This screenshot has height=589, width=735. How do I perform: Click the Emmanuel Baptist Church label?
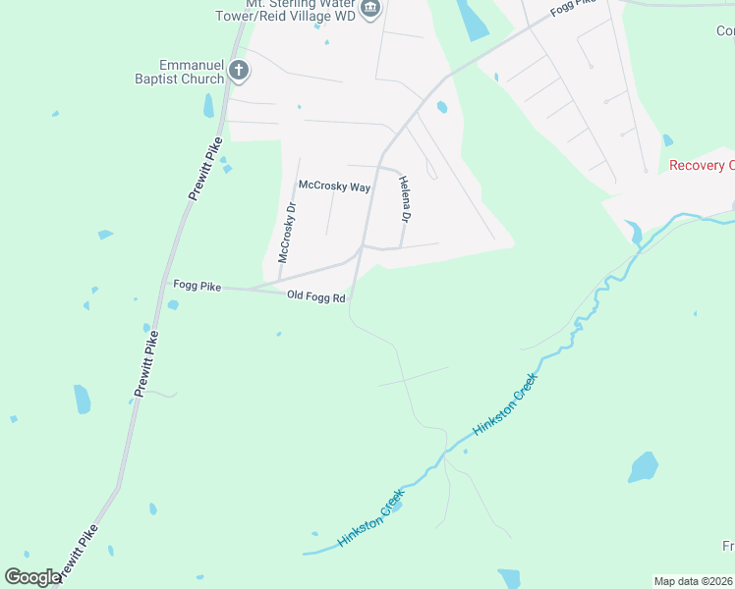coord(183,72)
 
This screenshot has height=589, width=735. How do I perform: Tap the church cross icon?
coord(238,71)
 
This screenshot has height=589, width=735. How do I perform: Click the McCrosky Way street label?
coord(334,186)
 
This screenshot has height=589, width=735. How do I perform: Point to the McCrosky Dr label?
coord(286,234)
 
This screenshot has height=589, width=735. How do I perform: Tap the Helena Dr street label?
coord(404,198)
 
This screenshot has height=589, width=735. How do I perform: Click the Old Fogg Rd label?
coord(315,295)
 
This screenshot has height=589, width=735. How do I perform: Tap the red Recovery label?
coord(701,165)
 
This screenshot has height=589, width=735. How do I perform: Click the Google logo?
coord(32,577)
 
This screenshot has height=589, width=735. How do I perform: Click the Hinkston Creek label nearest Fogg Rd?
coord(505,403)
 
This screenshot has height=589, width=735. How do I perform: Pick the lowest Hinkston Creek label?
coord(370,521)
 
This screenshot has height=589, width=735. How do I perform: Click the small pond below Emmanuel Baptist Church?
coord(208,105)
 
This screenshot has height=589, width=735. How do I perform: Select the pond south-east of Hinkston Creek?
coord(643,467)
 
